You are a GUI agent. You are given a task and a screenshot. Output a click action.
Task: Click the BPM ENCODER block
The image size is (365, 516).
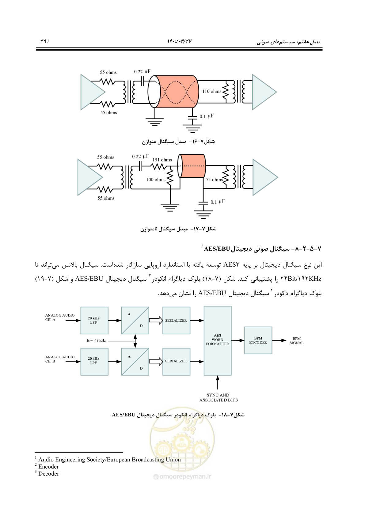[x=258, y=340]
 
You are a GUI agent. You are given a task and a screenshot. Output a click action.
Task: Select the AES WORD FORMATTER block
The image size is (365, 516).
[x=218, y=341]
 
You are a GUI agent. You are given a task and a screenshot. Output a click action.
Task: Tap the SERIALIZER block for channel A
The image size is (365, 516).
[x=176, y=321]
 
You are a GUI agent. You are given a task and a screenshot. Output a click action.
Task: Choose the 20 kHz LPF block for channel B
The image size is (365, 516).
[x=94, y=362]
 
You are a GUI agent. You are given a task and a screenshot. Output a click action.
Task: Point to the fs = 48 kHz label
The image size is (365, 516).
[x=96, y=340]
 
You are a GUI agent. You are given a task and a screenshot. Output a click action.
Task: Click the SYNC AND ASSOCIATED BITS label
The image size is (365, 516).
[x=219, y=398]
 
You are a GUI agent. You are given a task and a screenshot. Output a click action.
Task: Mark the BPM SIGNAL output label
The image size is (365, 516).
[x=296, y=341]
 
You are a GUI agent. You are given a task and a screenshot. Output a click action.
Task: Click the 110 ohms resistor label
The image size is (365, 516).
[x=211, y=91]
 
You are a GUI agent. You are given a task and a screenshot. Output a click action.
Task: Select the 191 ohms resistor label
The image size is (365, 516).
[x=162, y=160]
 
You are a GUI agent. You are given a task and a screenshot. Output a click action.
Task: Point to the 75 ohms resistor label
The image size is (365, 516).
[x=214, y=180]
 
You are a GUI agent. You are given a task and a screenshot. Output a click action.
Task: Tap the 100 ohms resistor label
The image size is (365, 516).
[x=156, y=180]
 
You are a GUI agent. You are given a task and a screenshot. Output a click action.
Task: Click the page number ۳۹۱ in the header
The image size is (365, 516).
[x=44, y=41]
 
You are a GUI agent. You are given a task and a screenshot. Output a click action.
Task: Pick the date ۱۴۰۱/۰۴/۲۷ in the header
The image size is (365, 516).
[x=180, y=41]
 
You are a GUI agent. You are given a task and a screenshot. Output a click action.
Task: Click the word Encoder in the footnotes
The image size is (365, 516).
[x=48, y=467]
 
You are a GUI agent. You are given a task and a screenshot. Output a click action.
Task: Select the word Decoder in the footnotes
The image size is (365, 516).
[x=49, y=474]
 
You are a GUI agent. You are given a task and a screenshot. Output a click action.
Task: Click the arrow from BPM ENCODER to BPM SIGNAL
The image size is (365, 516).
[x=279, y=340]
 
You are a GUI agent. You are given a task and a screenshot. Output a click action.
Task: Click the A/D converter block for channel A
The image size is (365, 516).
[x=135, y=321]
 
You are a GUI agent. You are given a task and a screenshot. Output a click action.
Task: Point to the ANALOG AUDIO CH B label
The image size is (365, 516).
[x=60, y=359]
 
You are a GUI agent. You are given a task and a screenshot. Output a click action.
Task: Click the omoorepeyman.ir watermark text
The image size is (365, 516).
[x=182, y=476]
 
